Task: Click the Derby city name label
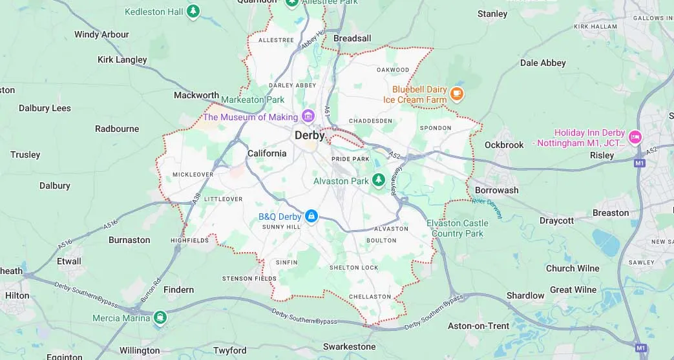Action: (310, 136)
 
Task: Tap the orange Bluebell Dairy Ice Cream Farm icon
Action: (457, 94)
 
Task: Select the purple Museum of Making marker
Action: (308, 117)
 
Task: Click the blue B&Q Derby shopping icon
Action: (311, 216)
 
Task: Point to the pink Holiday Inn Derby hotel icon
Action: (635, 136)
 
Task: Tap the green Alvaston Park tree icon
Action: (379, 179)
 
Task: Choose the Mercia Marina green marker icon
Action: (160, 317)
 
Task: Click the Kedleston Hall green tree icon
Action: (193, 12)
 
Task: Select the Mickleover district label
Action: (193, 175)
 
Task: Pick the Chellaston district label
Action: (370, 297)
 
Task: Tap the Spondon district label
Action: (436, 128)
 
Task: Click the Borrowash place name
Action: (496, 191)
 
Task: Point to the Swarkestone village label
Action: (349, 347)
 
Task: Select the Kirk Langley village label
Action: (122, 59)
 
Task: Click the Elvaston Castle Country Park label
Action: (458, 228)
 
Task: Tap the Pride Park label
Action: (350, 158)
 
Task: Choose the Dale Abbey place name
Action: (543, 63)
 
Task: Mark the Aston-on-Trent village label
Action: (479, 326)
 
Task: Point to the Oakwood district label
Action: (393, 70)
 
